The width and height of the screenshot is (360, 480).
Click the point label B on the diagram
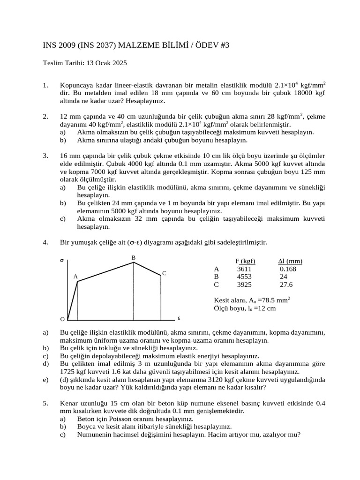coord(133,258)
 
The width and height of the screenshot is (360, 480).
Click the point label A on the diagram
coord(75,277)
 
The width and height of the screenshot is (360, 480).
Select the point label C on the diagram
coord(164,273)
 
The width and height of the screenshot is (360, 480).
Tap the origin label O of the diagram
coord(62,319)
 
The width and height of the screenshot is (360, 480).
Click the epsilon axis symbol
coord(179,318)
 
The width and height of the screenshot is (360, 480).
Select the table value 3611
coord(244,269)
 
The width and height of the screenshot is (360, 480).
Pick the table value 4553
coord(244,277)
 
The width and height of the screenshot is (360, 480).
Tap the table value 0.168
coord(287,269)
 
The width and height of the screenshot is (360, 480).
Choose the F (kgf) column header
coord(245,261)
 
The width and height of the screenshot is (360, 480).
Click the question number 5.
coord(45,403)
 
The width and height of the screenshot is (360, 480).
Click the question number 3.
coord(45,155)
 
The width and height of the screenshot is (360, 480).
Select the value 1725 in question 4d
coord(68,371)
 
